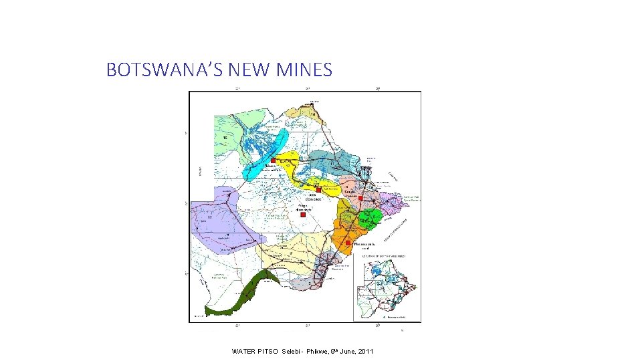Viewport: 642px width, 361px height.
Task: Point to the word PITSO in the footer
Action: point(269,352)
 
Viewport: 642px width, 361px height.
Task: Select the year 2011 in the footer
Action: point(365,352)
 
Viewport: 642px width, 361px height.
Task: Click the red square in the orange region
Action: point(348,243)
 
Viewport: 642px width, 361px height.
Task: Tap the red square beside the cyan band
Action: point(273,160)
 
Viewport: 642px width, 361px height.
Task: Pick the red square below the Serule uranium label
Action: point(360,199)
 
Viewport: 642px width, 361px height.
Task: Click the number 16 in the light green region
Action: point(225,138)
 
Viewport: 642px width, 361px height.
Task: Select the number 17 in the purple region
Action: point(209,218)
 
